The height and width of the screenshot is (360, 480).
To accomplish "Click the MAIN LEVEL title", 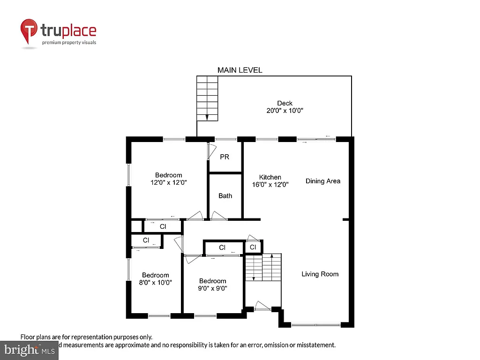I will (x=240, y=70).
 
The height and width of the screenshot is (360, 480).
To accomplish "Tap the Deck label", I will (x=285, y=103).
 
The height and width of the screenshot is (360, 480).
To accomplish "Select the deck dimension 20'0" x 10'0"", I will (x=285, y=111).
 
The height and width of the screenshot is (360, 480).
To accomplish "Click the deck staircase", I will (x=207, y=99).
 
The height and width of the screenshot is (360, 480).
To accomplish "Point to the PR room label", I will (x=225, y=157).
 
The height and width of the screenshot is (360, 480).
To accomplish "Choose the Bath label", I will (x=225, y=196).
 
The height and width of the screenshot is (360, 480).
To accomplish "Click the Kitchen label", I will (x=270, y=177).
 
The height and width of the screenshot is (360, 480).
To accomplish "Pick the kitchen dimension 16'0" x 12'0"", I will (x=270, y=185).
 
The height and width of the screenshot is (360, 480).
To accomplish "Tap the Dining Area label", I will (x=323, y=181).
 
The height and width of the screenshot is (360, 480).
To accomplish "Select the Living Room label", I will (x=320, y=274).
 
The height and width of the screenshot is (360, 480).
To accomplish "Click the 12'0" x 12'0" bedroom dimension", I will (x=168, y=183).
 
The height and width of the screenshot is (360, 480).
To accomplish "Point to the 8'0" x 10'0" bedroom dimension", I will (x=156, y=283).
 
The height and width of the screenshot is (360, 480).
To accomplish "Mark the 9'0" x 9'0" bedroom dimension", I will (x=212, y=289).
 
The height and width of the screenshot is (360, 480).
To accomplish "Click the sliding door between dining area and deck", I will (x=316, y=139).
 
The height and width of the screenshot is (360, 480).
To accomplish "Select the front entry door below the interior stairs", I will (x=262, y=307).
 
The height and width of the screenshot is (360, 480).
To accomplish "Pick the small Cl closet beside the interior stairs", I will (x=253, y=247).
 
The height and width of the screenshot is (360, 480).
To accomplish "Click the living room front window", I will (x=315, y=324).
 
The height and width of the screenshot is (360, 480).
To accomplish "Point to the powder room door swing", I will (x=210, y=151).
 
